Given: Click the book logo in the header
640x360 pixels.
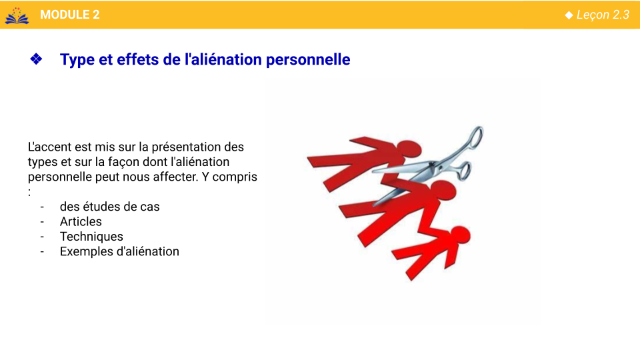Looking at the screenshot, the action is tap(17, 15).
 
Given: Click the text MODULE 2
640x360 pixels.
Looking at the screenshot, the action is tap(70, 15).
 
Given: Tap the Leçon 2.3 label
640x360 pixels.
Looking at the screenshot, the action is tap(603, 15).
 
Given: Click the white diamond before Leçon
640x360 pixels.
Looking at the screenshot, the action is tap(569, 15).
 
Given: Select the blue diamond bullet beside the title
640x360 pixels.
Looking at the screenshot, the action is tap(36, 59).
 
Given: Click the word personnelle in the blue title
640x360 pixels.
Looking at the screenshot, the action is tap(308, 59).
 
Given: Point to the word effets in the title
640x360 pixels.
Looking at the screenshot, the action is tap(137, 59).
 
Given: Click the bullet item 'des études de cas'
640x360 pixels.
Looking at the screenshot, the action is tap(110, 207).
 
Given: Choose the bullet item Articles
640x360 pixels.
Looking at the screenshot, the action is tap(81, 221).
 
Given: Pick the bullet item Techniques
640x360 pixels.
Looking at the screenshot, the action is tap(91, 237).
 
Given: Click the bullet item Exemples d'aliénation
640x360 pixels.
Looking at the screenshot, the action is tap(119, 251).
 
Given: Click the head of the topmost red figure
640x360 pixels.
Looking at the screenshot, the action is tap(408, 149).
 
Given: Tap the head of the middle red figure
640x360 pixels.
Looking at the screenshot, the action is tap(443, 190).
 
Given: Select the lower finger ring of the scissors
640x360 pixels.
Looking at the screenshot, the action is tap(464, 171).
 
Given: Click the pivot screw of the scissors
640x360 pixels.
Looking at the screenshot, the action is tap(433, 165).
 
